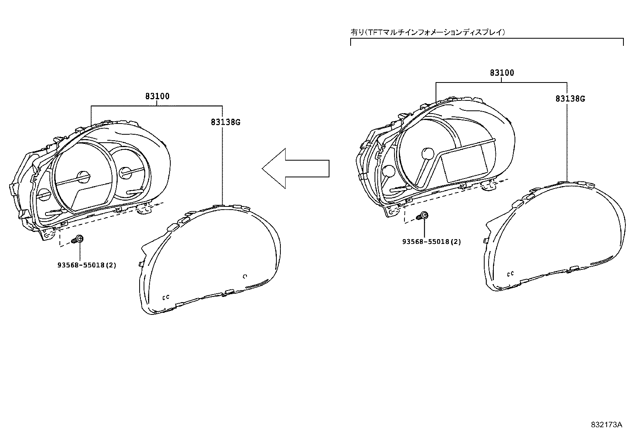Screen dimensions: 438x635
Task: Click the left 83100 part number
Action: (157, 96)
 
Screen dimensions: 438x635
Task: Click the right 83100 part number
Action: (502, 73)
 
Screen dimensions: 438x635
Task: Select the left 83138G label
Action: (225, 122)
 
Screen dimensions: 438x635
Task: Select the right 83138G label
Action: (570, 98)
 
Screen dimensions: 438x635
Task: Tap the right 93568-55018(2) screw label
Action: (432, 242)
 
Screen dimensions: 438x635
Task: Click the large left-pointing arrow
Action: (296, 168)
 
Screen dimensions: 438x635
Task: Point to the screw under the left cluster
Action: (77, 240)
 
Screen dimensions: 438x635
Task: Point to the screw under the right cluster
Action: (422, 216)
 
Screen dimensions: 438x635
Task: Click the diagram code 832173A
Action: (606, 424)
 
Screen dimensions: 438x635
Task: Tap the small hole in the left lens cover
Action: (245, 276)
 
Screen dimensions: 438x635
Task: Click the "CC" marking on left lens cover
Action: (166, 297)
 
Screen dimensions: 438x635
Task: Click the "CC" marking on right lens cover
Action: (510, 274)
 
